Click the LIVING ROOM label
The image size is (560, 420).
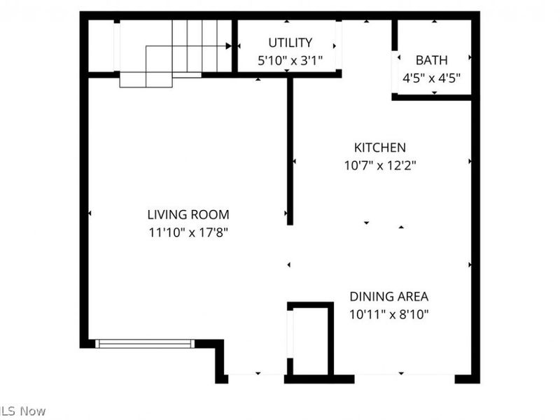coord(188,215)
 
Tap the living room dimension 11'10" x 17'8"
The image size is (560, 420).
coord(188,232)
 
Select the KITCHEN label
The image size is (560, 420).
coord(379,148)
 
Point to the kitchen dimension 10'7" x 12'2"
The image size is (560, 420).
coord(379,165)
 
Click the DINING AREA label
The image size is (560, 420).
coord(389,296)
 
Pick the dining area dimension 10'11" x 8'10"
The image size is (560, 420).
coord(389,314)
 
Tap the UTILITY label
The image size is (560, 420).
coord(290,43)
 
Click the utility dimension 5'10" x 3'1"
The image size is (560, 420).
coord(290,60)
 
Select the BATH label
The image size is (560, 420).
coord(431,60)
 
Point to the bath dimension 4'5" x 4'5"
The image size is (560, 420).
coord(431,78)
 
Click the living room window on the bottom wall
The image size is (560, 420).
coord(144,343)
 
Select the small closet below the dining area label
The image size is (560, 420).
coord(309,341)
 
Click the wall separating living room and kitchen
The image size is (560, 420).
coord(290,150)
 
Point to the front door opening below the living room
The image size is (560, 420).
coord(255,379)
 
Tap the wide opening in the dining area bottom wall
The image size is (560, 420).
coord(405,379)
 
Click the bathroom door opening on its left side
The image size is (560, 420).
coord(394,62)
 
